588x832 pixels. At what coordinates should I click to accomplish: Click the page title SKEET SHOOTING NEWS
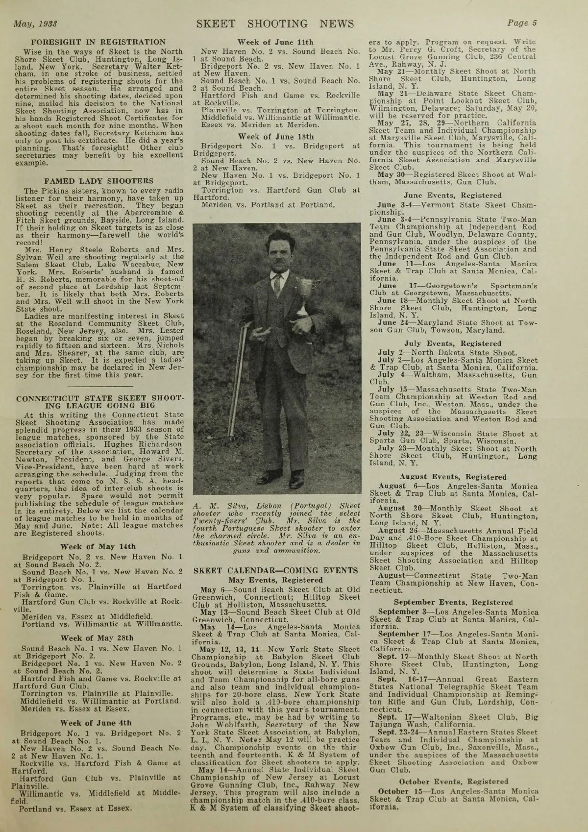[275, 24]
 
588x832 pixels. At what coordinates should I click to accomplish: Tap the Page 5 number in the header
[522, 23]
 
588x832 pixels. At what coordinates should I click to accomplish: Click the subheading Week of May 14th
[98, 546]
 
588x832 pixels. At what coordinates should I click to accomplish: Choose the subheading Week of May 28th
[97, 638]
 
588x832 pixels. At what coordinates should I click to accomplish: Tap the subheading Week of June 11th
[275, 42]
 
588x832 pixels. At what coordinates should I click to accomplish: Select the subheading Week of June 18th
[275, 137]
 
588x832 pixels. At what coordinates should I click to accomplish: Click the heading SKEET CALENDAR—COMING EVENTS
[275, 570]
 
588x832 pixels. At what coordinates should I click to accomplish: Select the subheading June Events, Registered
[452, 195]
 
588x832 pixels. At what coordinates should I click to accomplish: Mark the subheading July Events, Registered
[452, 343]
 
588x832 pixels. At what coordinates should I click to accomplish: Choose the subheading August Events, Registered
[452, 477]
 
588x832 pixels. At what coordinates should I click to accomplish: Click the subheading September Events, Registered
[452, 603]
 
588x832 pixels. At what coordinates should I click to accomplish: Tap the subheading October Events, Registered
[452, 782]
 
